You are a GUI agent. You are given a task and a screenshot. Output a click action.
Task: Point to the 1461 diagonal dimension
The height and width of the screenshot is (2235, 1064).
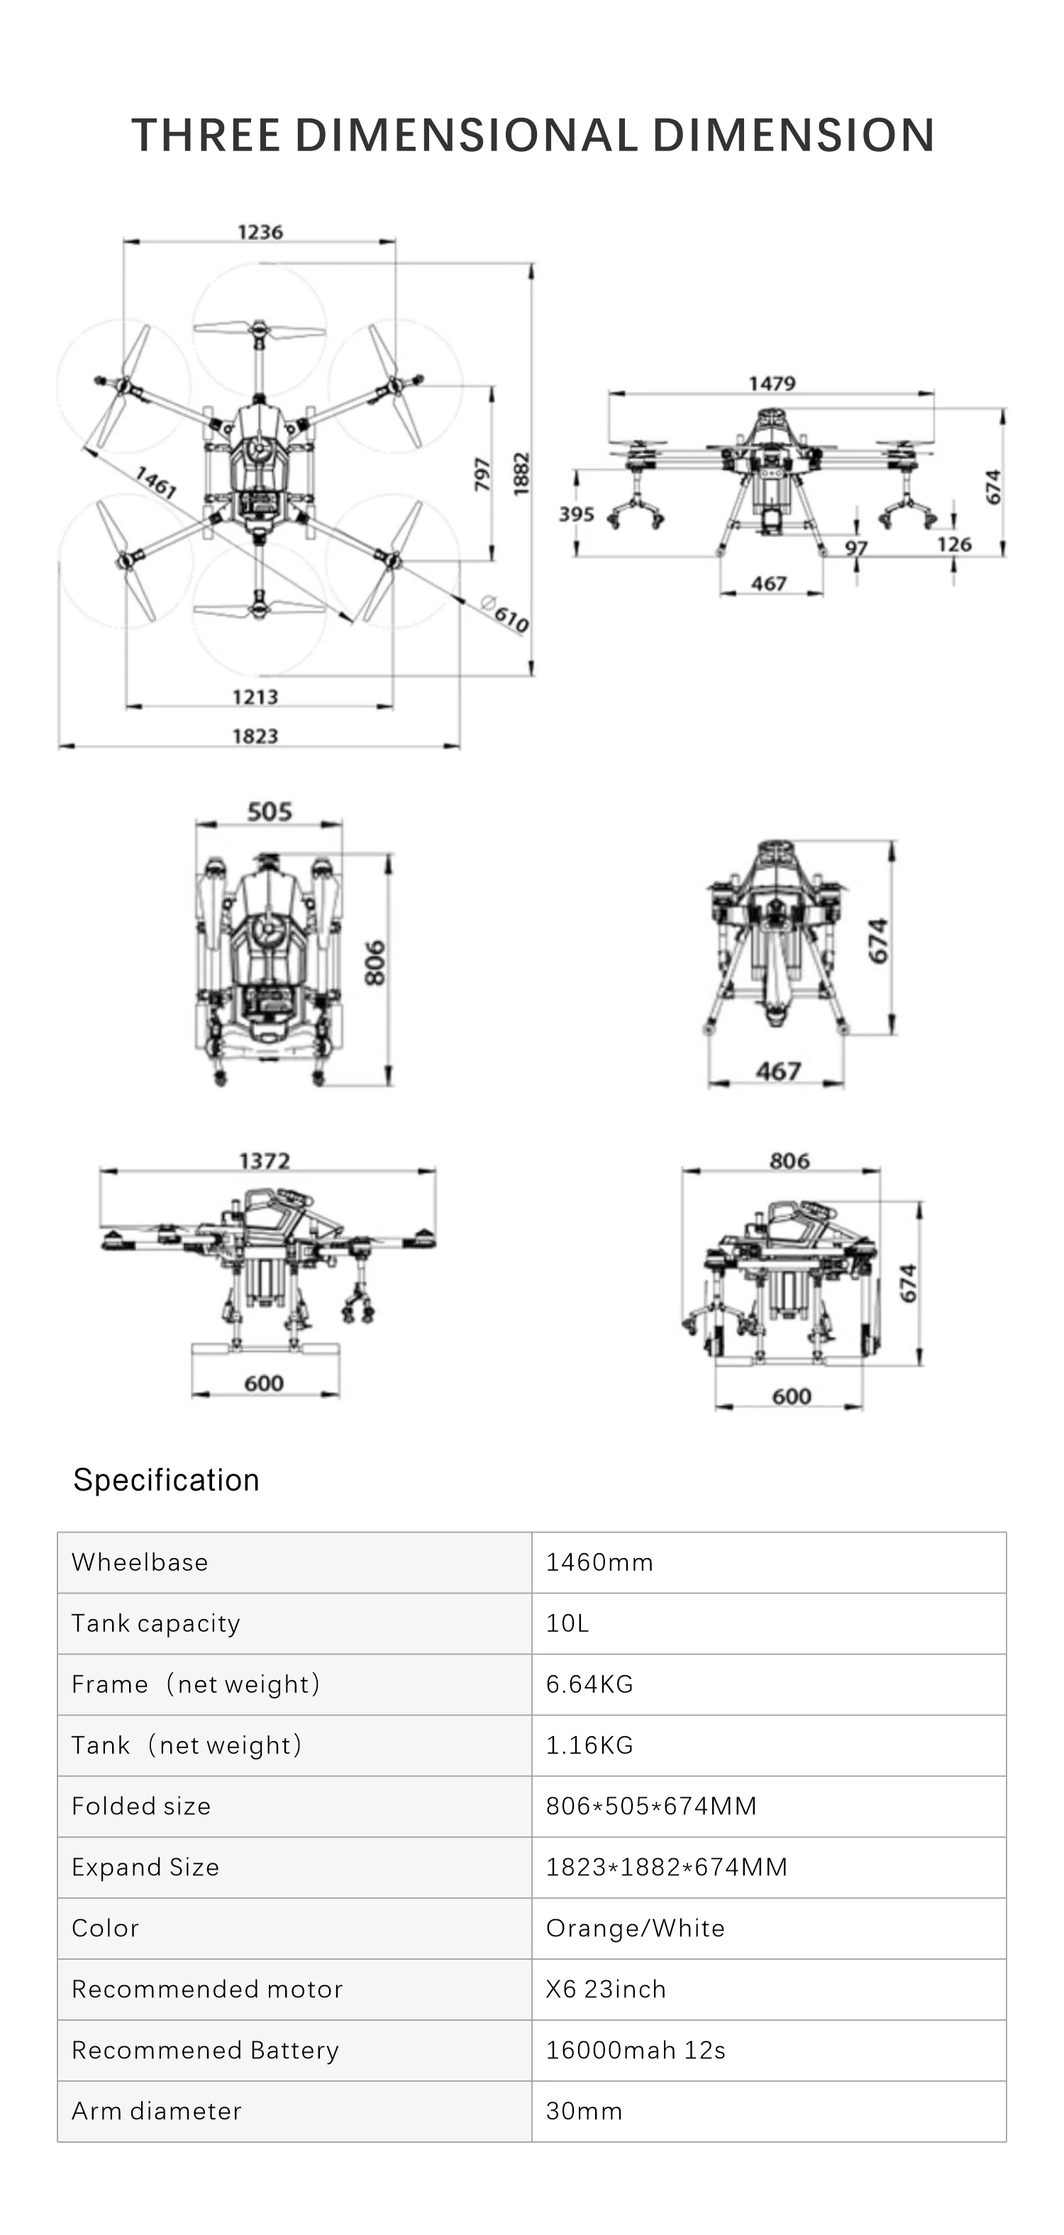point(155,482)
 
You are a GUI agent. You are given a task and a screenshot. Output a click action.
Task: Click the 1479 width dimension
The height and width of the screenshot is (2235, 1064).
point(772,383)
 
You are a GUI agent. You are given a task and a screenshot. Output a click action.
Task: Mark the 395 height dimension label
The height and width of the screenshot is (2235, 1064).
point(576,514)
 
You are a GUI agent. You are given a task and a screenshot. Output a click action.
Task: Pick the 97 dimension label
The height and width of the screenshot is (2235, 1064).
point(856,548)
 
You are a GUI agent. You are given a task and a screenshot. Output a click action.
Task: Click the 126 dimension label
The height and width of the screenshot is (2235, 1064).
point(954,544)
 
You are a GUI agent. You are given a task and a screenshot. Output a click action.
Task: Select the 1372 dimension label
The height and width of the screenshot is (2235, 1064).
point(265,1161)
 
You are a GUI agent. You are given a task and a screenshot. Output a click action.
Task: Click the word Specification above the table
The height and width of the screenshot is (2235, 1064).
point(167,1480)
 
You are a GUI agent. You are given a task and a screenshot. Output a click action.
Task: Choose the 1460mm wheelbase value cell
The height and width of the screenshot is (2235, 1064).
point(599,1562)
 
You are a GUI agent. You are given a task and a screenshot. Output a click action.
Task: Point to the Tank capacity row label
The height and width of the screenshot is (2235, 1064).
point(156,1623)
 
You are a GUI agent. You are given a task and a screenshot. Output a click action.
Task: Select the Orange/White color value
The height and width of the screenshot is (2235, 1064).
point(635,1928)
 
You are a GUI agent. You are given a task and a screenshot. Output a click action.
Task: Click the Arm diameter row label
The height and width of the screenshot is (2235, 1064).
point(157,2111)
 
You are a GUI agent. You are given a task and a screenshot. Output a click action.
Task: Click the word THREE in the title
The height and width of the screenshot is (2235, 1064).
point(206,136)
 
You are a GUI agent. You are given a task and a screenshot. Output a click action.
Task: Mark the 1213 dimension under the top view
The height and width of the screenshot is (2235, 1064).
point(255,697)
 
